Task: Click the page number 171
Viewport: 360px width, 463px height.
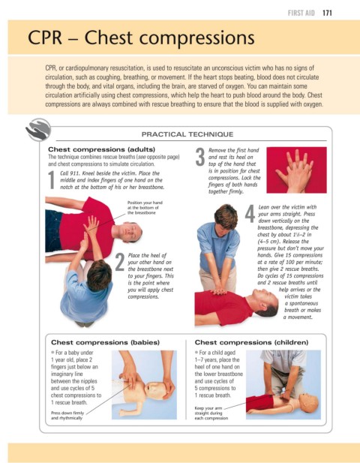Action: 327,13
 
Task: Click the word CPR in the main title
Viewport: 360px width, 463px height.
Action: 45,38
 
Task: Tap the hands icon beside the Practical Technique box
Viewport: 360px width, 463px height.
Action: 38,130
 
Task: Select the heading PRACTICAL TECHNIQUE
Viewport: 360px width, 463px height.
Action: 187,134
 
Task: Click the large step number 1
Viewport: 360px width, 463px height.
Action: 52,180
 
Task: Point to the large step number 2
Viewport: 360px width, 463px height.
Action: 119,262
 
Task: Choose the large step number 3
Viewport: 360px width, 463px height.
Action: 200,157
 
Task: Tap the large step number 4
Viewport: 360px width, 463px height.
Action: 250,213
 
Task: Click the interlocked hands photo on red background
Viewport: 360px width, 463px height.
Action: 296,170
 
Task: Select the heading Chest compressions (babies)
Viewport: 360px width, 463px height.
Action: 105,342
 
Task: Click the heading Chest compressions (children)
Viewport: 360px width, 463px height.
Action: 251,342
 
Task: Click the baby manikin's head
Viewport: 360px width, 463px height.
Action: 155,390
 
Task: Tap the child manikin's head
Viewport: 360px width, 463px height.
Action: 308,402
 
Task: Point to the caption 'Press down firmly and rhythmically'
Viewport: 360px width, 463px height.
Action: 67,416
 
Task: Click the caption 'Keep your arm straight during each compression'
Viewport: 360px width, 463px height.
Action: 211,413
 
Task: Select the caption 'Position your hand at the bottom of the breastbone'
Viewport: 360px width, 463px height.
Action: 145,208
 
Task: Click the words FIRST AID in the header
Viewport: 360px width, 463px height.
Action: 301,13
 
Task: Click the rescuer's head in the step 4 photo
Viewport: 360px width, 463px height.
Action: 226,216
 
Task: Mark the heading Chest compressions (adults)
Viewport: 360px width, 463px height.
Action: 101,149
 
